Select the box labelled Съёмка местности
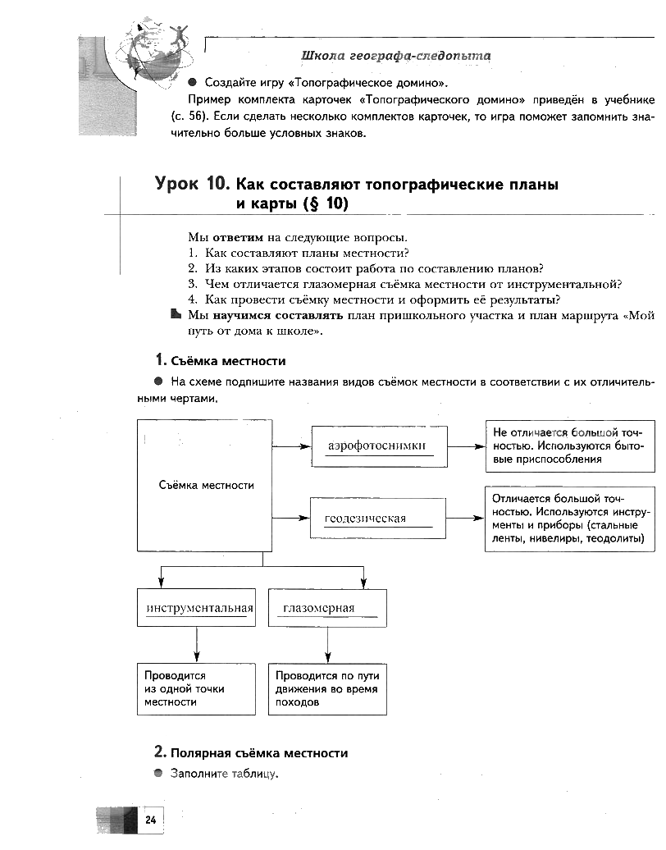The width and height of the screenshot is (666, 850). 205,486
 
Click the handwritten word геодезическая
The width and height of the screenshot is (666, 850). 366,519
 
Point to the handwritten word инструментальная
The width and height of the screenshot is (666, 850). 199,608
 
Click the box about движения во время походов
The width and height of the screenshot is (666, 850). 327,688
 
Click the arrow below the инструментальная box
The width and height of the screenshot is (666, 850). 197,645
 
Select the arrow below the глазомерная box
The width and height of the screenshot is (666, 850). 328,645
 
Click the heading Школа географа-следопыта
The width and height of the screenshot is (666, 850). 396,56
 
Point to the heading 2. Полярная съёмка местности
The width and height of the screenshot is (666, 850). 251,752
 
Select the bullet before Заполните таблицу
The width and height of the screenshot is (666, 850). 158,774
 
